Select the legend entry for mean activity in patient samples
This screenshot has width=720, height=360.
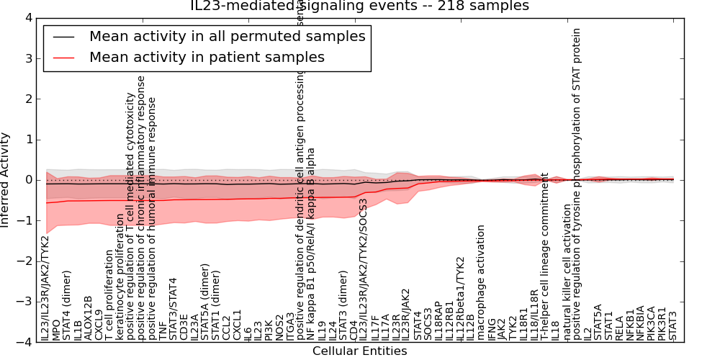click(x=207, y=58)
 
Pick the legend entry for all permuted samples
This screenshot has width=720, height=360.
click(x=227, y=36)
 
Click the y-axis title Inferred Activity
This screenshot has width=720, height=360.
click(x=6, y=180)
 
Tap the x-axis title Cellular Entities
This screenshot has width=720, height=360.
click(x=359, y=351)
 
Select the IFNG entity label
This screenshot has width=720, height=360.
click(x=492, y=328)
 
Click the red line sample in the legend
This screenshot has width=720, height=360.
click(x=63, y=58)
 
